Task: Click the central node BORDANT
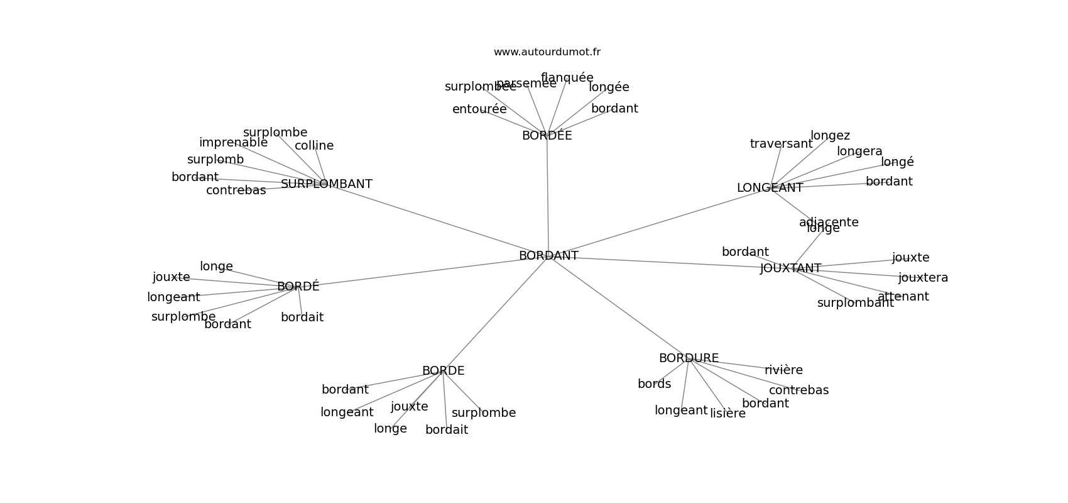tap(548, 256)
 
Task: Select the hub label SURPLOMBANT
tap(326, 184)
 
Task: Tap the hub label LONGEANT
tap(770, 188)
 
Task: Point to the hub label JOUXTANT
tap(790, 268)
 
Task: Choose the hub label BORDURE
tap(689, 358)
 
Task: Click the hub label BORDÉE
tap(547, 136)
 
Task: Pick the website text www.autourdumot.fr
tap(547, 52)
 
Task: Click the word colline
tap(314, 146)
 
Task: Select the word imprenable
tap(233, 143)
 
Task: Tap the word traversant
tap(781, 144)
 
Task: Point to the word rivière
tap(783, 370)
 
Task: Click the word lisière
tap(727, 414)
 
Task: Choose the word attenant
tap(903, 297)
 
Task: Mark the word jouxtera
tap(923, 278)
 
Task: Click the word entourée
tap(479, 109)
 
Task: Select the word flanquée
tap(567, 78)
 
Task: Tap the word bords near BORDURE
tap(654, 384)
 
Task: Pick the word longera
tap(859, 152)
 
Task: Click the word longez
tap(830, 136)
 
